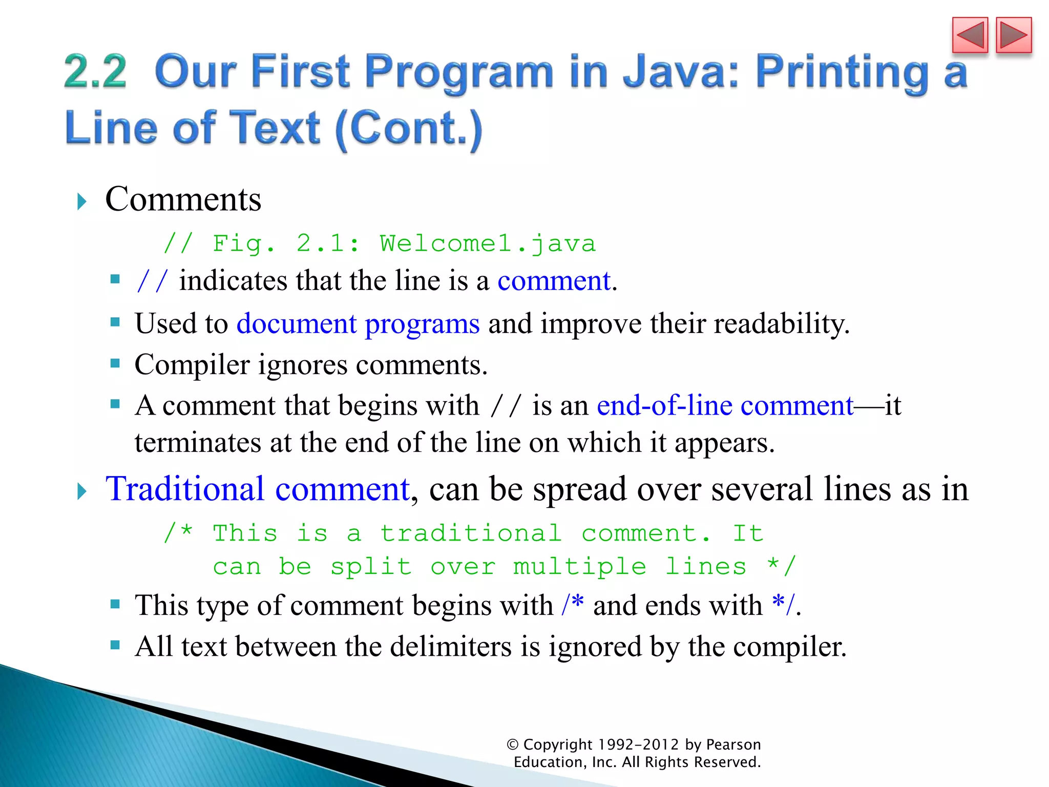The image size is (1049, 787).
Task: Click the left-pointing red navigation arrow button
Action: [x=970, y=35]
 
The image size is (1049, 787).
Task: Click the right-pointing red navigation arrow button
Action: [x=1014, y=35]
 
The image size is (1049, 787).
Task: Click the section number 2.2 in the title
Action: [x=95, y=72]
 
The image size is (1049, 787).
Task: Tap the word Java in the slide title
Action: [x=680, y=72]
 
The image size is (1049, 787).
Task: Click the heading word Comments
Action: [x=183, y=199]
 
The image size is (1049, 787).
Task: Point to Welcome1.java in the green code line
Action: [x=487, y=243]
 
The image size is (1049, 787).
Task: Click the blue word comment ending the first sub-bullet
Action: [x=554, y=281]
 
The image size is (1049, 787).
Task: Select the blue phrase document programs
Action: [x=358, y=324]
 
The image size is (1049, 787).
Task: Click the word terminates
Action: [x=198, y=442]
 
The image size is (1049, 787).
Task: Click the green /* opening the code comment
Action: [x=178, y=533]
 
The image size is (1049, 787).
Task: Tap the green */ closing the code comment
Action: [x=782, y=566]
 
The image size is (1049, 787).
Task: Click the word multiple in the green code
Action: [x=579, y=567]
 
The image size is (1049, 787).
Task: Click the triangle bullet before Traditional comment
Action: [x=82, y=491]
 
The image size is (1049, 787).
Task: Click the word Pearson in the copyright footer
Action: [x=733, y=744]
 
